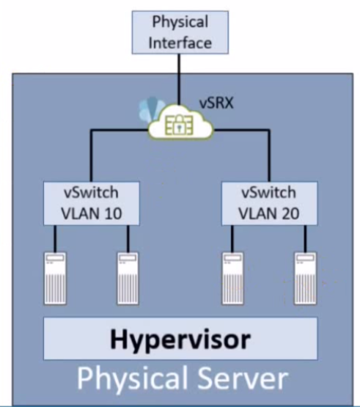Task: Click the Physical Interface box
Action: point(180,32)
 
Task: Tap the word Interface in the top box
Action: point(180,43)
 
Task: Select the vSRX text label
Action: point(216,103)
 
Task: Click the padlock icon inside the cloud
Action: point(180,125)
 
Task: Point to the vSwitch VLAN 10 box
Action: point(92,203)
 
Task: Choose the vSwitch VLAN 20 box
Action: point(269,203)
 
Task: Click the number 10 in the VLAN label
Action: point(113,214)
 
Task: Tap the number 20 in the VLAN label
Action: point(290,214)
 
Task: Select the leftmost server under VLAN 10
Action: point(55,278)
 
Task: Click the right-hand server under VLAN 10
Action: point(128,278)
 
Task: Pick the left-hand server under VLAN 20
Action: point(232,278)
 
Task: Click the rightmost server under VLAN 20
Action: point(305,278)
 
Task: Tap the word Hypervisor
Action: point(180,340)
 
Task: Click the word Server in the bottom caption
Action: point(243,378)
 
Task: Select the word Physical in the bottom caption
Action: point(134,379)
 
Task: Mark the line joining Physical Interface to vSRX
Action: point(179,80)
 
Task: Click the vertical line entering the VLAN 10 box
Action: point(91,155)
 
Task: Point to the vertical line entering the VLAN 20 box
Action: point(269,155)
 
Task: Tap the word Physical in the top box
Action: point(180,22)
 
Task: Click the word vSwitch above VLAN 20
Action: point(268,192)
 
